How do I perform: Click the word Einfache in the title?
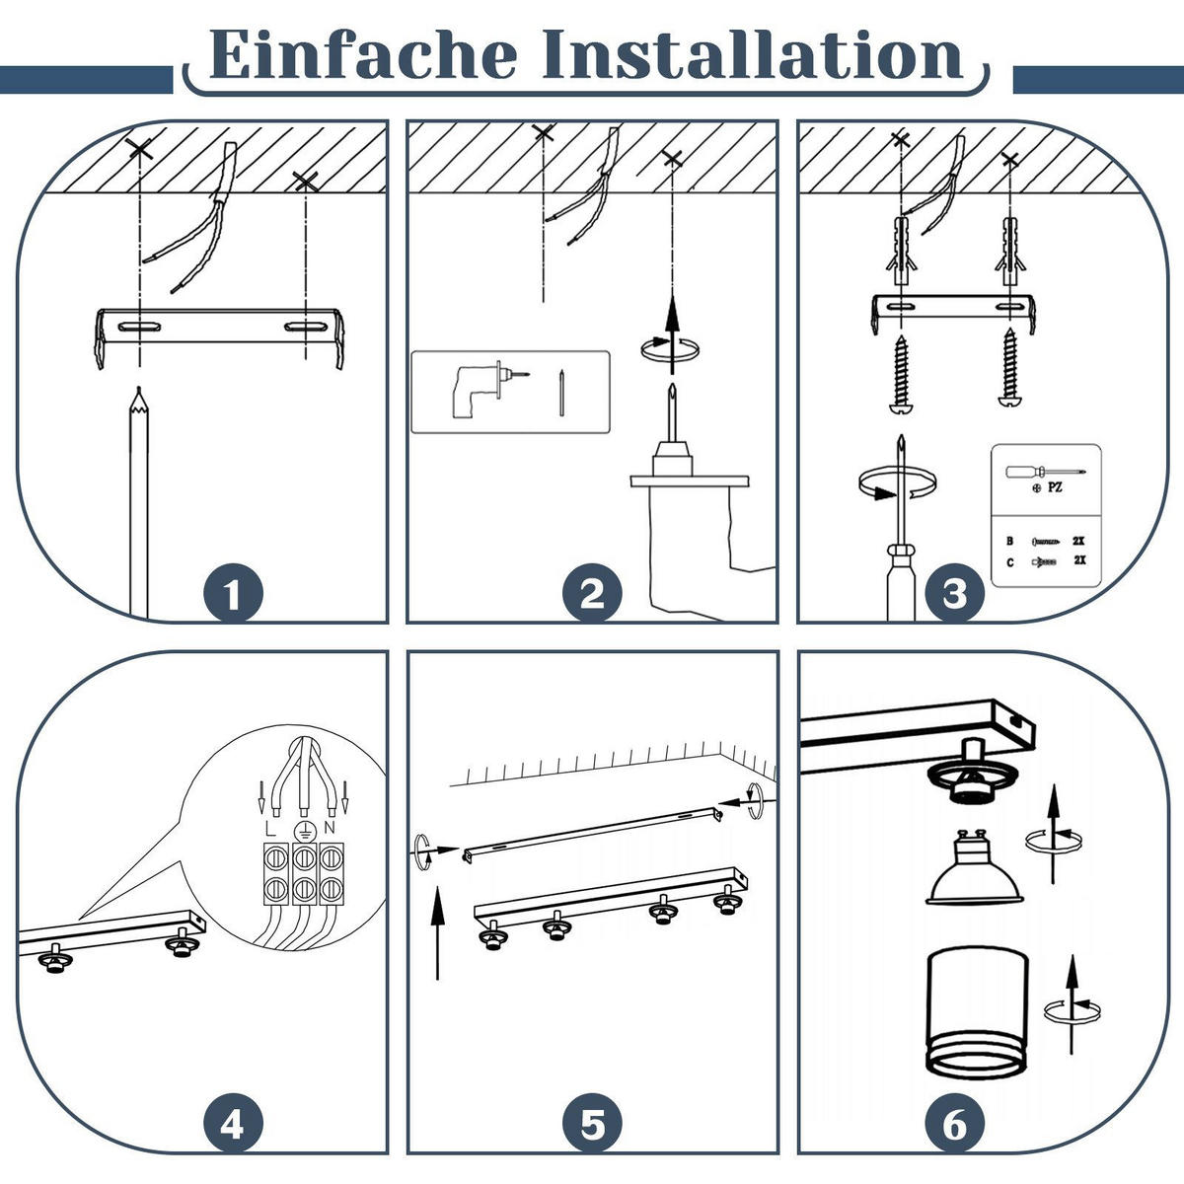pos(363,54)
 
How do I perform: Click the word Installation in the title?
pos(752,54)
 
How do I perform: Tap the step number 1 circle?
pos(234,594)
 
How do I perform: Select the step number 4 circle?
pos(234,1125)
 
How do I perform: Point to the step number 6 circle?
pos(954,1125)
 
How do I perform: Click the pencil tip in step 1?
pos(139,390)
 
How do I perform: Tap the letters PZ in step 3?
pos(1055,487)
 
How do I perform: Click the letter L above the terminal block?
pos(269,829)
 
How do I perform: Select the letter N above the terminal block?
pos(330,828)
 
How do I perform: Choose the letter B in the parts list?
pos(1009,541)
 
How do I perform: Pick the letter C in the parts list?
pos(1010,562)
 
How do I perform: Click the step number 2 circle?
pos(592,594)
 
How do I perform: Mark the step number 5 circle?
pos(592,1125)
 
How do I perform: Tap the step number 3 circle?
pos(954,594)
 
